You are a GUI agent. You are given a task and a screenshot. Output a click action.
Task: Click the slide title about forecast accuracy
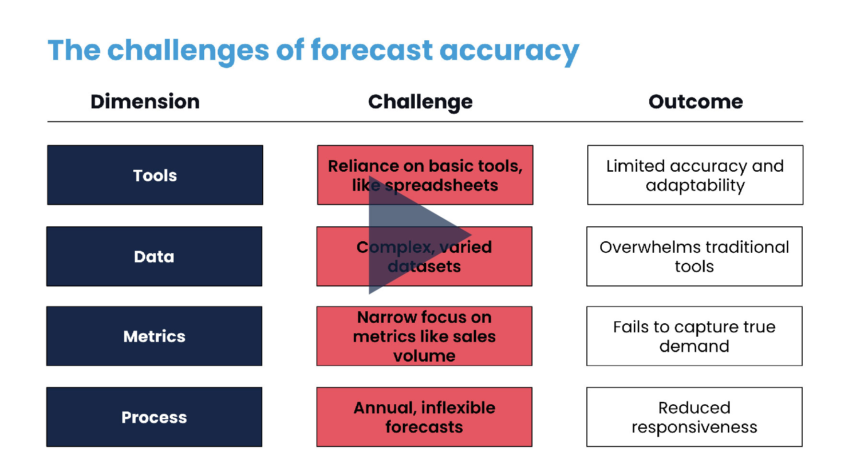tap(314, 51)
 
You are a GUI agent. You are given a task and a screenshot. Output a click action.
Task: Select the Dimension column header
tap(145, 102)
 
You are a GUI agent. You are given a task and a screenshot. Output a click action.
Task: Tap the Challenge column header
tap(420, 102)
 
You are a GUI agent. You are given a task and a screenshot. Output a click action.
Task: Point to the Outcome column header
tap(696, 102)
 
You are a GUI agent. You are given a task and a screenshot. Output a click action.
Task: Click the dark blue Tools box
tap(155, 175)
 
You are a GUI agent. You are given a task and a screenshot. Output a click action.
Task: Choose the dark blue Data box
tap(154, 257)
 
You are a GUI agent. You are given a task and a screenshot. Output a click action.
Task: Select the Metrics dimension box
tap(154, 336)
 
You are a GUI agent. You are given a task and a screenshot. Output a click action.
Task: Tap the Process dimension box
tap(154, 417)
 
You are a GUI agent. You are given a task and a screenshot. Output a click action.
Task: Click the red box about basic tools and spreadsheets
tap(425, 175)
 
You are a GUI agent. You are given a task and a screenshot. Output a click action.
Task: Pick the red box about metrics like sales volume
tap(424, 336)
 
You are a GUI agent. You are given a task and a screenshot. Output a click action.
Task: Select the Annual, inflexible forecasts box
tap(424, 417)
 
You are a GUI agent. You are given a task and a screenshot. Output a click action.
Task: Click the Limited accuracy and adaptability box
tap(695, 175)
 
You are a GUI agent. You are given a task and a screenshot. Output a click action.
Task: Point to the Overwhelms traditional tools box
tap(694, 257)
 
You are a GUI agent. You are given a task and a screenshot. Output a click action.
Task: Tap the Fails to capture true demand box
tap(694, 336)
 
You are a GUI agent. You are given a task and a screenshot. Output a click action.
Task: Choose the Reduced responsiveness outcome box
tap(694, 417)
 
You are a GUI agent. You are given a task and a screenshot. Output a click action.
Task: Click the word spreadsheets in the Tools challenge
tap(442, 186)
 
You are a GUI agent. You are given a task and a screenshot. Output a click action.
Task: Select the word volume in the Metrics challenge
tap(424, 356)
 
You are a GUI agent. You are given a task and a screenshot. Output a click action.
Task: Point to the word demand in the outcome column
tap(694, 346)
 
